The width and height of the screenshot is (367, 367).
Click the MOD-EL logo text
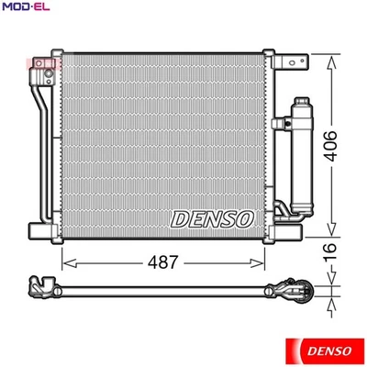[x=25, y=8]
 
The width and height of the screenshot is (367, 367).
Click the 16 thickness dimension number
[x=342, y=249]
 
